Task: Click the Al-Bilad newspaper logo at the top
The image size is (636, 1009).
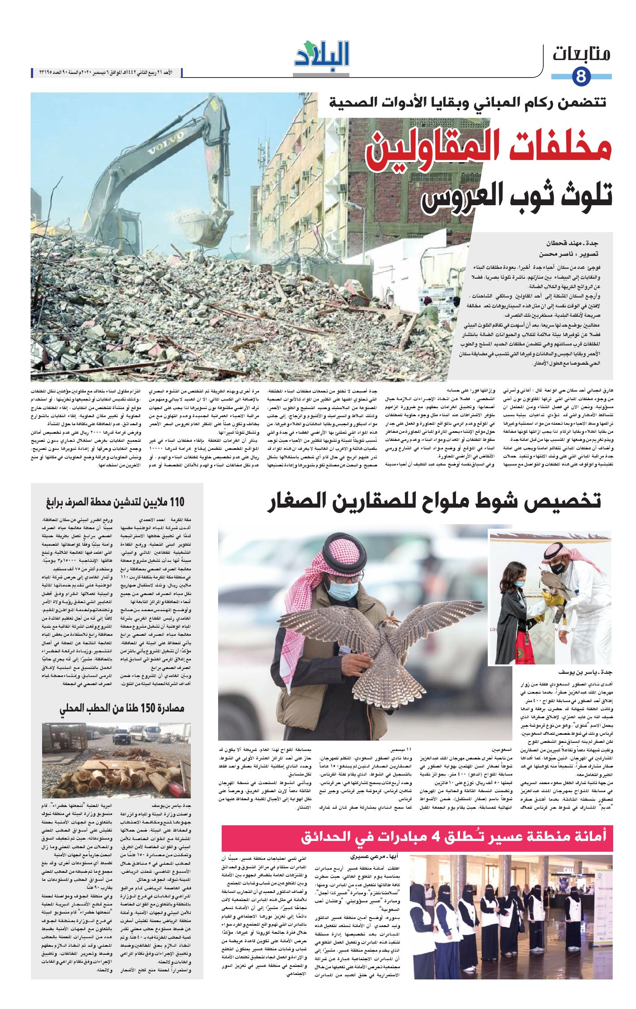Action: point(322,56)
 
